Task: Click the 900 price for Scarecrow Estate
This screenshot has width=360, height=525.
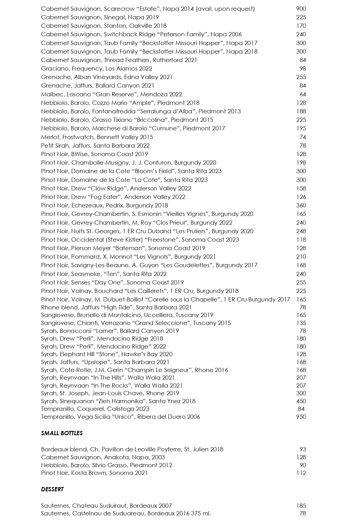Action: pyautogui.click(x=301, y=9)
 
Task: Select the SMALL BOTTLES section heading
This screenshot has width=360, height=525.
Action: pyautogui.click(x=62, y=433)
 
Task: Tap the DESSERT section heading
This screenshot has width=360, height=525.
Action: pyautogui.click(x=52, y=489)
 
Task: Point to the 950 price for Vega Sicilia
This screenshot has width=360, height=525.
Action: pyautogui.click(x=301, y=417)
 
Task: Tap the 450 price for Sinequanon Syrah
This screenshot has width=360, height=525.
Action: pyautogui.click(x=301, y=401)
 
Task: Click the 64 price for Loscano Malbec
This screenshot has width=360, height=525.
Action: pyautogui.click(x=303, y=94)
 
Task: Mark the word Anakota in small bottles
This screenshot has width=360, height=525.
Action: pyautogui.click(x=116, y=457)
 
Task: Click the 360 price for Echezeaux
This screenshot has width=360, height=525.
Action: pyautogui.click(x=301, y=205)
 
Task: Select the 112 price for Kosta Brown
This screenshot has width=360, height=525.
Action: pyautogui.click(x=301, y=473)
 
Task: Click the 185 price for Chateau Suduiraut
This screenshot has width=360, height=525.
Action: pyautogui.click(x=301, y=506)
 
